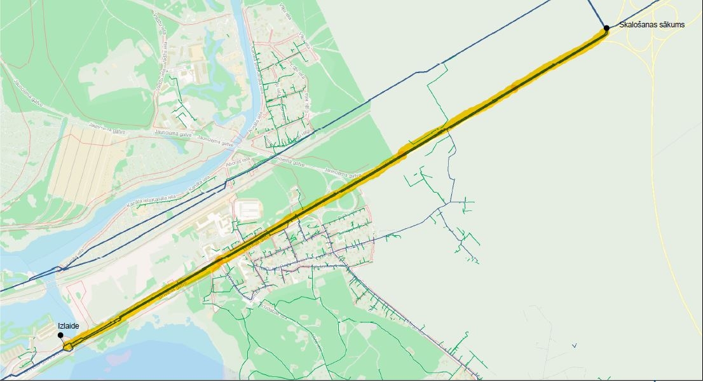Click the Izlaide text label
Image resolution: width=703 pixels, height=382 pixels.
[x=68, y=326]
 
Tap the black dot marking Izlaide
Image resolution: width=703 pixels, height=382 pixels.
[x=60, y=335]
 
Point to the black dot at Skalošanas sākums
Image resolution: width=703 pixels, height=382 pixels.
[x=606, y=27]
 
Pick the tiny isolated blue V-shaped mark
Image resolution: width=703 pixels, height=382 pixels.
[x=574, y=346]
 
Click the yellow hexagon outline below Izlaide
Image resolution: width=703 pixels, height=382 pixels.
[x=69, y=346]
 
